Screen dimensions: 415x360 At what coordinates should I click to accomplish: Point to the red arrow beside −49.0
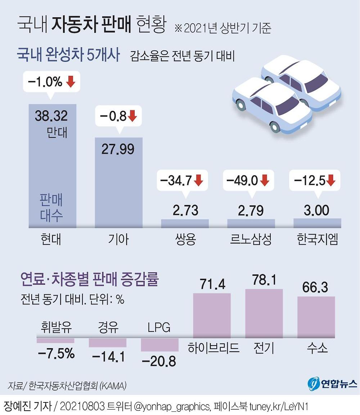click(265, 181)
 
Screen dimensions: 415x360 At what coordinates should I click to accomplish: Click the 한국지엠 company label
click(317, 239)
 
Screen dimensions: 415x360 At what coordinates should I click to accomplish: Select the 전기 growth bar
click(264, 313)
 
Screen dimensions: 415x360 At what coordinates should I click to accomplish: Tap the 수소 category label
click(317, 348)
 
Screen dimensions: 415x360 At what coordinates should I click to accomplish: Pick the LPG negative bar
click(159, 345)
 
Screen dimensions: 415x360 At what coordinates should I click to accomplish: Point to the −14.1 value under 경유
click(108, 357)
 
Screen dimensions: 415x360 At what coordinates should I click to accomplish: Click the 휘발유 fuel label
click(56, 328)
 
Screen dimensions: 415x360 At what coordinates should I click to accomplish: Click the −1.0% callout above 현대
click(51, 82)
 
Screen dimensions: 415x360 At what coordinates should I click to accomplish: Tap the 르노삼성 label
click(251, 239)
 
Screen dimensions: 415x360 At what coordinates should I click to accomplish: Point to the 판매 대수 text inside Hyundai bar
click(51, 208)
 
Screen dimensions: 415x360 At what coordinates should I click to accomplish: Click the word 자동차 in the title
click(74, 25)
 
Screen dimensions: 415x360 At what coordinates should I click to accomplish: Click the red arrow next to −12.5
click(331, 181)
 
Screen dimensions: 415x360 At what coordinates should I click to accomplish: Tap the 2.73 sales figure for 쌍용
click(185, 210)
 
